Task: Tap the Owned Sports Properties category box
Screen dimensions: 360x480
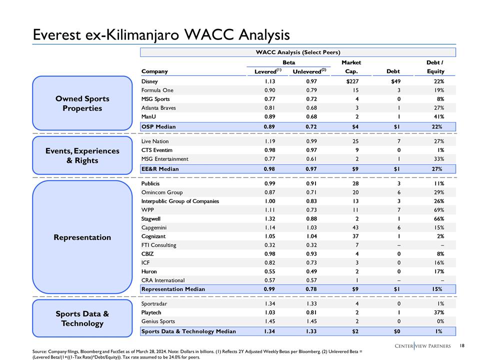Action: [x=82, y=103]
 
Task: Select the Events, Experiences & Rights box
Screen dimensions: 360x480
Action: [x=82, y=155]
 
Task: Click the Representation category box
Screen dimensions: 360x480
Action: [x=82, y=237]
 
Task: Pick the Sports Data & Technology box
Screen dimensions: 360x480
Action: [x=82, y=318]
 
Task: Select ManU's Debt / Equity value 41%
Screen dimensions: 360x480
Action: [x=437, y=116]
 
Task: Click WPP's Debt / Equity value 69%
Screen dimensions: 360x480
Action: [x=437, y=209]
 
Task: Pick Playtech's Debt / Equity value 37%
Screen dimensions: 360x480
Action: [x=437, y=312]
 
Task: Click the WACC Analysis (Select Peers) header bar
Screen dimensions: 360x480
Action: [x=297, y=52]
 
